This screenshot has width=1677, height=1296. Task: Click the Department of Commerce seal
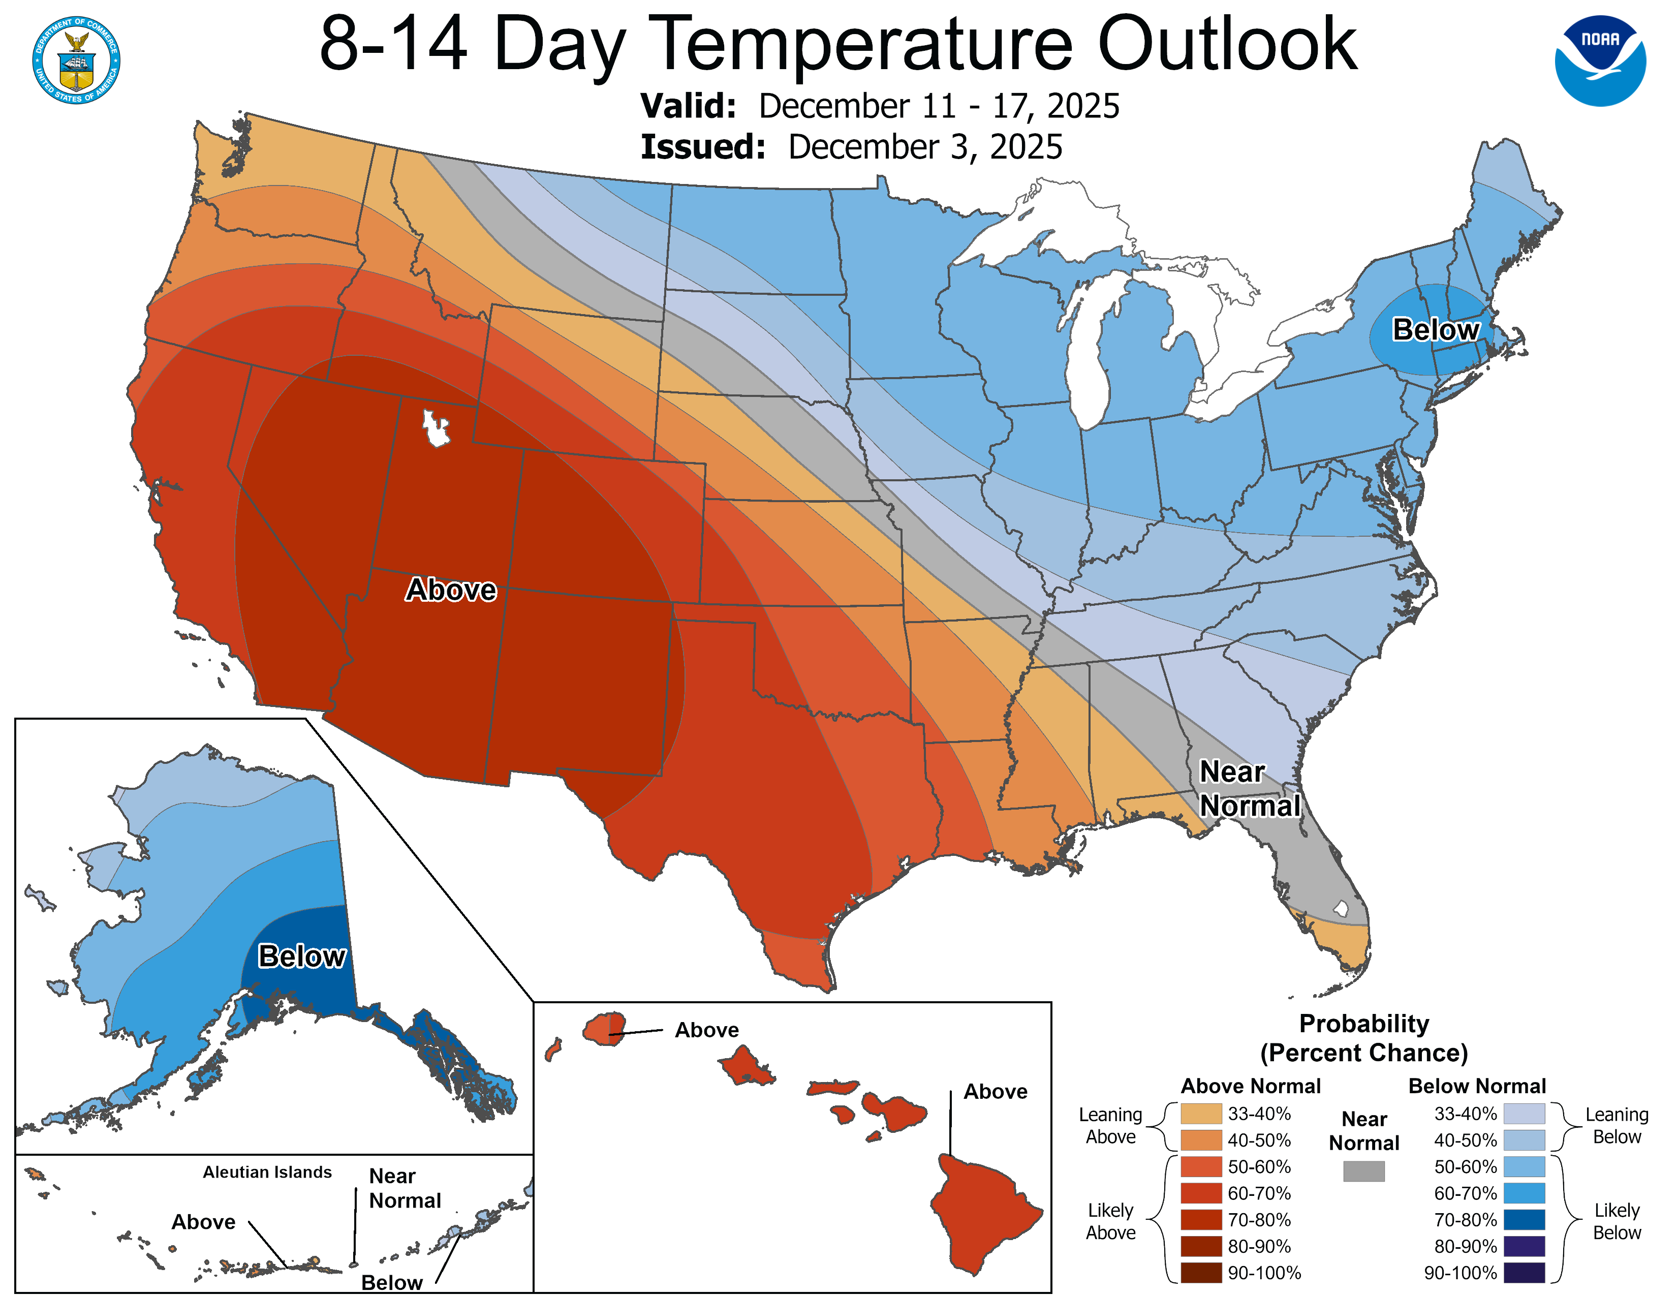pos(76,60)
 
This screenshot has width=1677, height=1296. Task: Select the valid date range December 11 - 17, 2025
pos(938,106)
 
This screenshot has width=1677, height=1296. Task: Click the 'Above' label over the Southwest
pos(451,590)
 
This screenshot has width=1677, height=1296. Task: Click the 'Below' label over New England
pos(1435,329)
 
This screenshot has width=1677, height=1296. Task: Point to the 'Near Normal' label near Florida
pos(1249,788)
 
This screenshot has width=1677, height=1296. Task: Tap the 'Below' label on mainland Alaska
pos(302,956)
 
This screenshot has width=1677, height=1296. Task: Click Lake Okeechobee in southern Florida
pos(1341,908)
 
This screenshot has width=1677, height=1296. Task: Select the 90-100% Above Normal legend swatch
pos(1201,1272)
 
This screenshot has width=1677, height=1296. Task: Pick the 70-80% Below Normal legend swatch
pos(1524,1219)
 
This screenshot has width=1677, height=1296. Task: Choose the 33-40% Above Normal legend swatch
pos(1201,1113)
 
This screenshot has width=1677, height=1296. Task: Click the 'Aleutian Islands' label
pos(267,1171)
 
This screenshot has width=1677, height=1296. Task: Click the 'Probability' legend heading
pos(1364,1024)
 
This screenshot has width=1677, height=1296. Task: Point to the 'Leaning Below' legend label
pos(1617,1126)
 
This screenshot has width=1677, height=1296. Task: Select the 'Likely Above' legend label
pos(1110,1221)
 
